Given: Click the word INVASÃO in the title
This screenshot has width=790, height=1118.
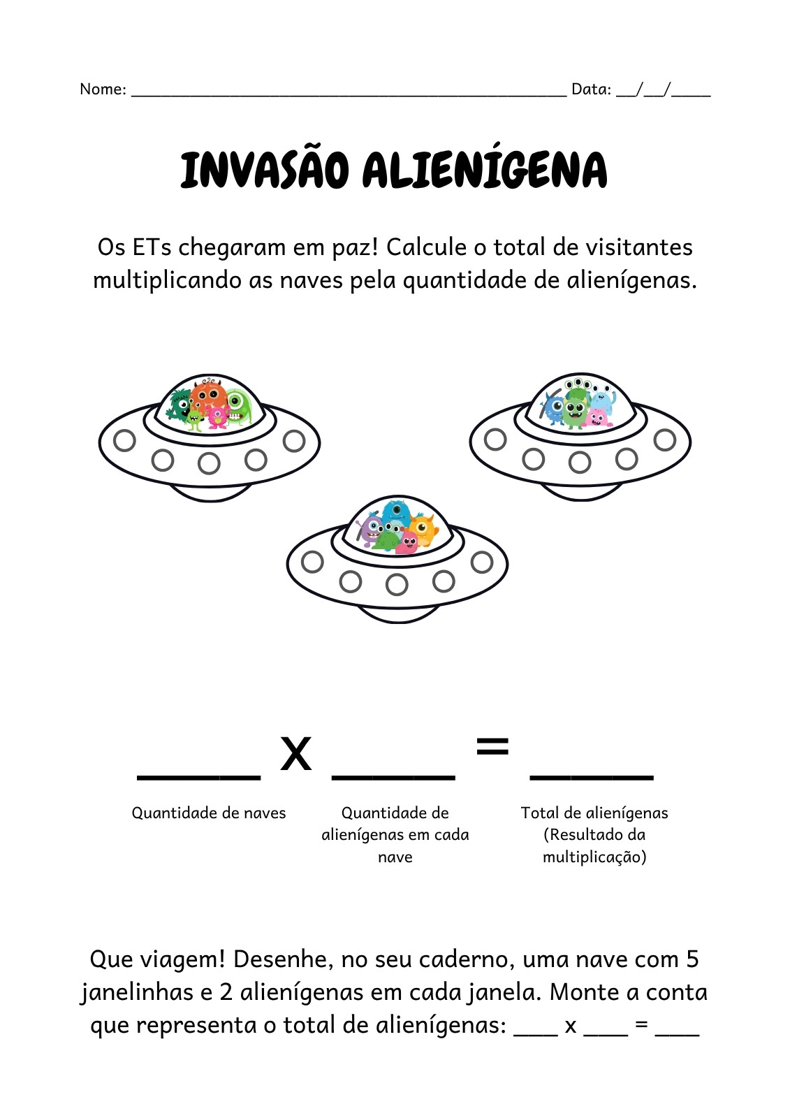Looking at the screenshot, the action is point(264,170).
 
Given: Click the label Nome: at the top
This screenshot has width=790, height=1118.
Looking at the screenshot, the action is point(103,89).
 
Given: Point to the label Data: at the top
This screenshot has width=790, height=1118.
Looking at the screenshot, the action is point(592,89).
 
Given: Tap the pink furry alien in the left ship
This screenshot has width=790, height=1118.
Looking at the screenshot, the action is point(218,417).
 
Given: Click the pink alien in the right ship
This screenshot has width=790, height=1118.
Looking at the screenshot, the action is point(599,417).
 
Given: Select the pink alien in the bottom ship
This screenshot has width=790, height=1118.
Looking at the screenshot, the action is point(407,542).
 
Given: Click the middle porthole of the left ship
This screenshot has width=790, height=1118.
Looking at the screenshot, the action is point(209,463).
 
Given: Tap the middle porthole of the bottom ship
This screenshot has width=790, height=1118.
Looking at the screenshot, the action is point(397,584).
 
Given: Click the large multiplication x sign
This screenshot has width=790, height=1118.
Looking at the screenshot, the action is point(296,753).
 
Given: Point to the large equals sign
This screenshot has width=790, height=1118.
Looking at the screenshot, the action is point(492,746).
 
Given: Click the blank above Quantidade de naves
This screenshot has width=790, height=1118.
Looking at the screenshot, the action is point(198,777).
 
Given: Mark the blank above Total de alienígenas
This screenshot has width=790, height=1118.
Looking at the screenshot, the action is point(592,777).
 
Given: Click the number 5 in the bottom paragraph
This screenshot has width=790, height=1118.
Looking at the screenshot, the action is point(692,959).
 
